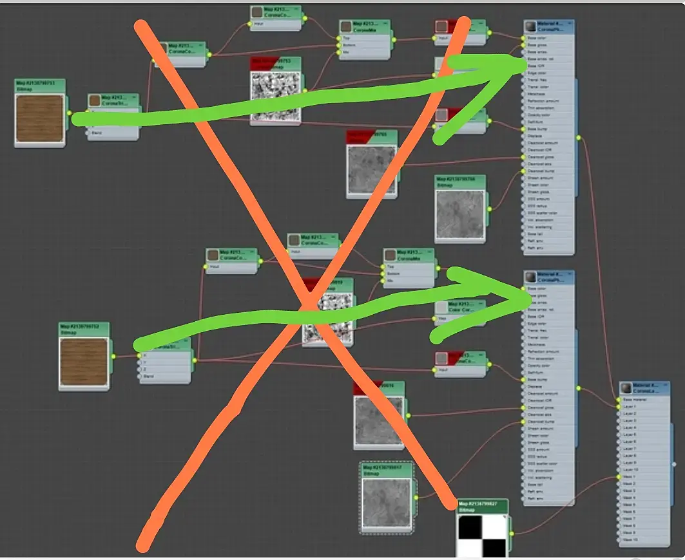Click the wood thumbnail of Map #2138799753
(x=40, y=118)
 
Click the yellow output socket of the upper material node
(x=578, y=136)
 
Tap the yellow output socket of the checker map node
(x=511, y=532)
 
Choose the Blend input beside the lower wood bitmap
(x=149, y=376)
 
